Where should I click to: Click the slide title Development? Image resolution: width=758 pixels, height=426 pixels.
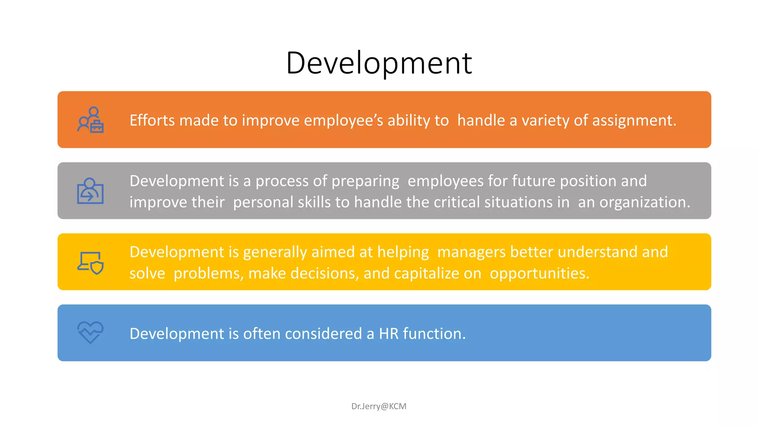(379, 63)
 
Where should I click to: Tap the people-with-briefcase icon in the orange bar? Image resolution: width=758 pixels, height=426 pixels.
(90, 120)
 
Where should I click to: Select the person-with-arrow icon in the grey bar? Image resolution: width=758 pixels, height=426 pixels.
(90, 191)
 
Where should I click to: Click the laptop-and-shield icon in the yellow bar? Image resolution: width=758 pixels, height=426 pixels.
(90, 263)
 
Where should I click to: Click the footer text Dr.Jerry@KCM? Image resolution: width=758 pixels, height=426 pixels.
(379, 406)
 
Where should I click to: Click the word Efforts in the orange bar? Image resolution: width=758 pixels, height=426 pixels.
(152, 121)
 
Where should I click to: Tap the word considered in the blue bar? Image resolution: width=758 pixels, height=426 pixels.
(323, 334)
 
